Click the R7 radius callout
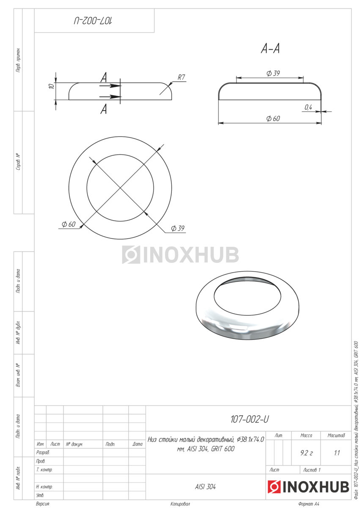pyautogui.click(x=181, y=77)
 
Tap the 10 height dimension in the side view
pyautogui.click(x=52, y=86)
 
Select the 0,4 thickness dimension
pyautogui.click(x=308, y=107)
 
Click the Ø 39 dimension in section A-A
pyautogui.click(x=273, y=73)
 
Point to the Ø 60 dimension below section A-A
pyautogui.click(x=273, y=119)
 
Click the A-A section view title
pyautogui.click(x=270, y=49)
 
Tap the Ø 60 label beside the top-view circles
pyautogui.click(x=69, y=224)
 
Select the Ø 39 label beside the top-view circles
pyautogui.click(x=178, y=228)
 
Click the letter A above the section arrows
pyautogui.click(x=104, y=77)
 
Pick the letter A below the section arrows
pyautogui.click(x=104, y=110)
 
